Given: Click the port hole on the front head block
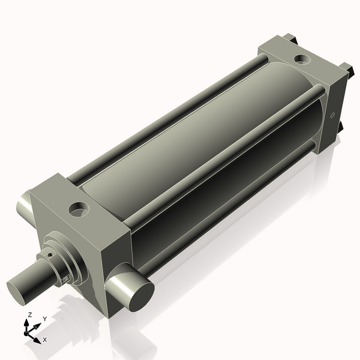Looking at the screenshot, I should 79,209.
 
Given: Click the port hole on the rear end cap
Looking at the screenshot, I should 302,60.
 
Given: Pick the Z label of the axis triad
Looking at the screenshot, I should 30,314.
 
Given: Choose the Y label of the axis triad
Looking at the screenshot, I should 45,319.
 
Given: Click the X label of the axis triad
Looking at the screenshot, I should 44,340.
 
